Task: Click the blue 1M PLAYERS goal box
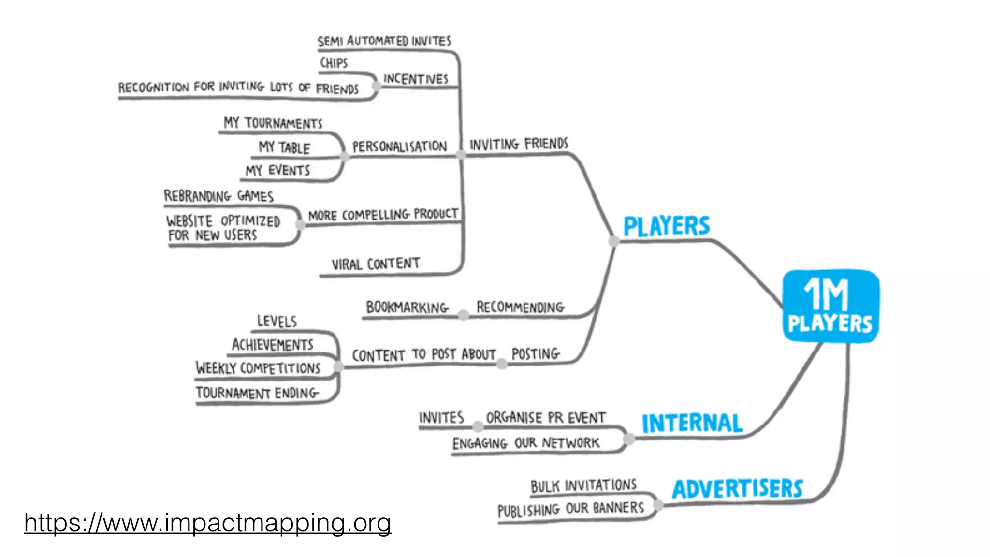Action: coord(830,306)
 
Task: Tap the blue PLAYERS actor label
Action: coord(666,226)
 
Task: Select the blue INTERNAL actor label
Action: coord(692,423)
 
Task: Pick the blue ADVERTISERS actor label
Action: coord(737,489)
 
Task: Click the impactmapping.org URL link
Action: coord(207,523)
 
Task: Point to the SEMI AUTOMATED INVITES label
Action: coord(384,41)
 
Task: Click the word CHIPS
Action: coord(334,63)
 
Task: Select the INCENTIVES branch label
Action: coord(416,79)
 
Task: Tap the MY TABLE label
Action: coord(284,147)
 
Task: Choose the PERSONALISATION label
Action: coord(399,146)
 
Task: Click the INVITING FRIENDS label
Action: coord(519,144)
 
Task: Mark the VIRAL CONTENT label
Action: coord(375,264)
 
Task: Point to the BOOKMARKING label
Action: coord(407,307)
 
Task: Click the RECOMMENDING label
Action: coord(520,307)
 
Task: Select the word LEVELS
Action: coord(277,321)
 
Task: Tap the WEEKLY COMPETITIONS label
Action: coord(258,368)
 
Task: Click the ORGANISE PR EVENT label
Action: coord(545,417)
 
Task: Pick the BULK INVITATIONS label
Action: coord(583,485)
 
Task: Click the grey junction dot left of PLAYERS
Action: coord(613,241)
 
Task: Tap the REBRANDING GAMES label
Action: coord(218,196)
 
